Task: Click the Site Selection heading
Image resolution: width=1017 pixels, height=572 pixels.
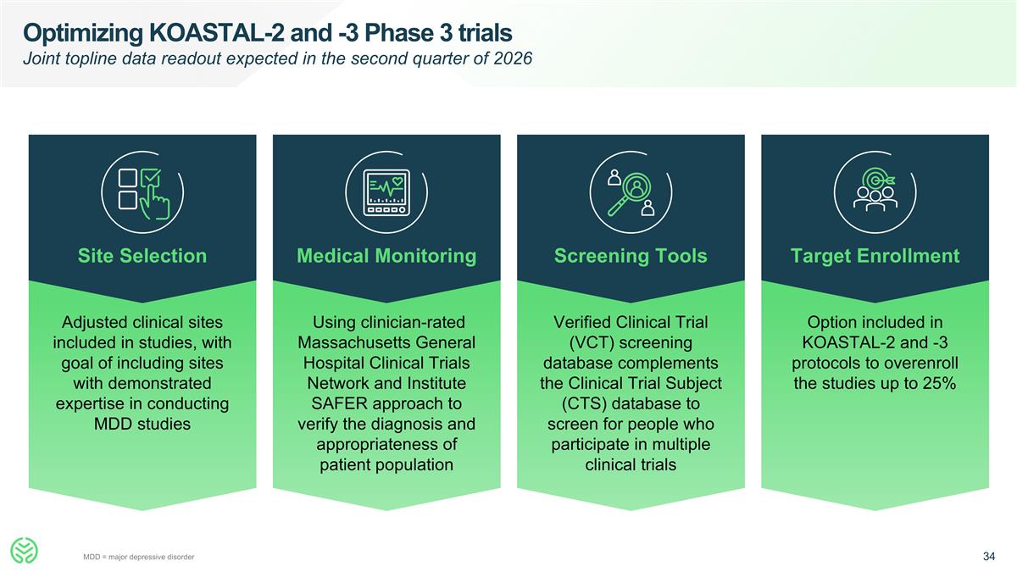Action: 142,256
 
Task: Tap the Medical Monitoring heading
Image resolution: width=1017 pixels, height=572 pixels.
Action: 386,256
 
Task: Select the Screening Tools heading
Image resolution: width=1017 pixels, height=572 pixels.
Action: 631,256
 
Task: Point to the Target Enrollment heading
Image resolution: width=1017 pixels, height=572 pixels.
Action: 875,256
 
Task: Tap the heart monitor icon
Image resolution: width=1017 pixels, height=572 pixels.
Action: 386,192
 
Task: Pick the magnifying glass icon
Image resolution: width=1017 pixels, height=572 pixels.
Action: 631,193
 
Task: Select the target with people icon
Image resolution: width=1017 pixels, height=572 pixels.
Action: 875,190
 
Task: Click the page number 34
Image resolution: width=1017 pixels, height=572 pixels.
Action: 989,556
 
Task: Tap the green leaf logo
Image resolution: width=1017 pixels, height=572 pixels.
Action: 24,550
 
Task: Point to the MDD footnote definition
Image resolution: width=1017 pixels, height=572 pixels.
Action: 138,557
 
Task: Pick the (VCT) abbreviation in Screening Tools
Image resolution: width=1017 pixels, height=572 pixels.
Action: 592,342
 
